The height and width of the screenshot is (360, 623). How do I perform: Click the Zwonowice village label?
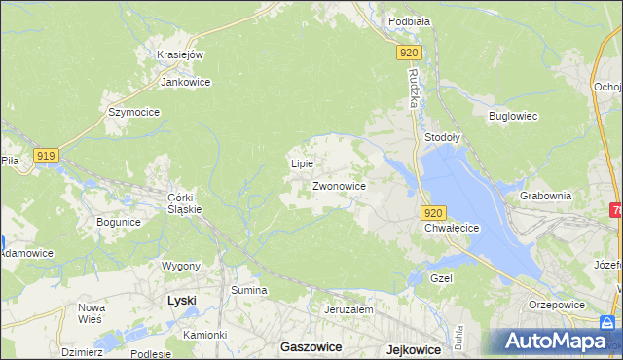pyautogui.click(x=339, y=185)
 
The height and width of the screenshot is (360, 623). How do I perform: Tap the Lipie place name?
pyautogui.click(x=302, y=163)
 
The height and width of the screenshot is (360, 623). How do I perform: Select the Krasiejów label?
pyautogui.click(x=179, y=54)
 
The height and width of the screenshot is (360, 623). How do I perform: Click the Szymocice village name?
pyautogui.click(x=133, y=112)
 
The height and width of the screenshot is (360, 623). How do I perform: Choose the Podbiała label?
pyautogui.click(x=409, y=20)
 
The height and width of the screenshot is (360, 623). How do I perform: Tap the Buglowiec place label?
pyautogui.click(x=513, y=116)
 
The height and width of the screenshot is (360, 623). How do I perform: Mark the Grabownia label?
pyautogui.click(x=545, y=195)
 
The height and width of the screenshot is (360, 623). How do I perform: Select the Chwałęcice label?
pyautogui.click(x=453, y=228)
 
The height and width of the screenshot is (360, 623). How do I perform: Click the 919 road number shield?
pyautogui.click(x=46, y=156)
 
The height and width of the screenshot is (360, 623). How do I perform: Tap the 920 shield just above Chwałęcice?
pyautogui.click(x=434, y=213)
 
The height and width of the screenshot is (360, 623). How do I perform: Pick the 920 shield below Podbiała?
pyautogui.click(x=409, y=54)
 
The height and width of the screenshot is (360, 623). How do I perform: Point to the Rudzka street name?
pyautogui.click(x=414, y=89)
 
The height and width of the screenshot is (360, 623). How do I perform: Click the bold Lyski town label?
pyautogui.click(x=181, y=301)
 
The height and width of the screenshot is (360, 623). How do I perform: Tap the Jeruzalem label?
pyautogui.click(x=348, y=308)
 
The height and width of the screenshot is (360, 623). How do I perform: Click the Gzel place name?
pyautogui.click(x=443, y=277)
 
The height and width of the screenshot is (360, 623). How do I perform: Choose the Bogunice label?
pyautogui.click(x=119, y=222)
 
